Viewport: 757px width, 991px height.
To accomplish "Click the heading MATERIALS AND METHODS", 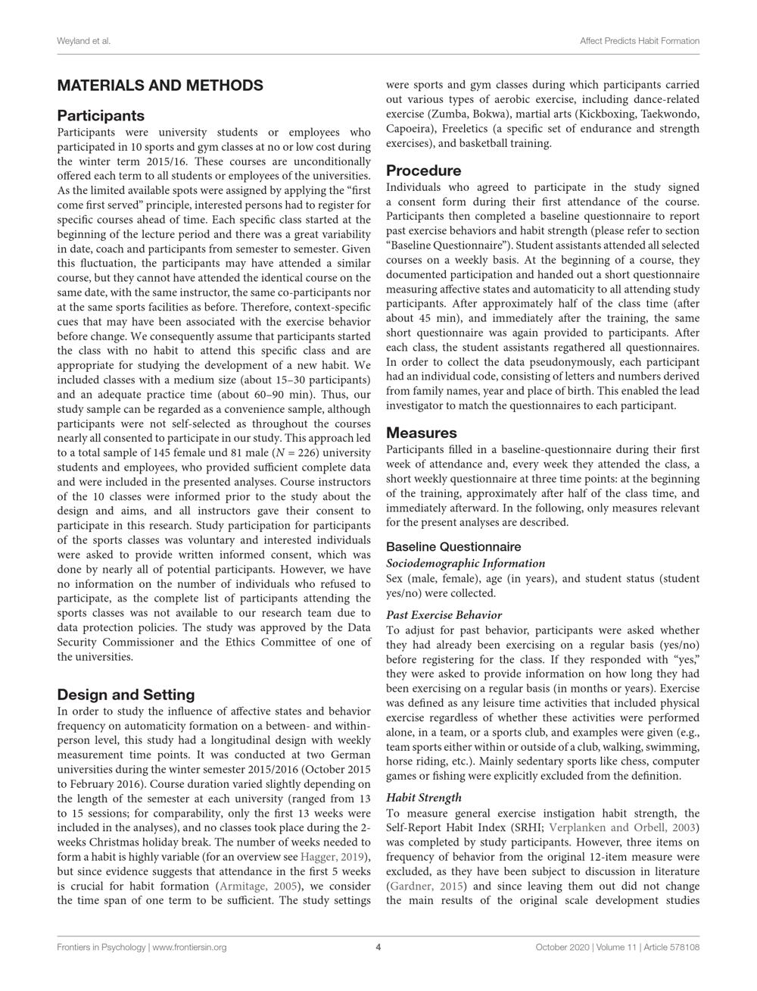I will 160,86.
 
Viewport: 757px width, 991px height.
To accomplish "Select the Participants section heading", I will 101,116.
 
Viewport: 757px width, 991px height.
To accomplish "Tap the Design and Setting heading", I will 126,695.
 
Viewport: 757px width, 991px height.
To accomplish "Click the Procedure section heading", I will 423,170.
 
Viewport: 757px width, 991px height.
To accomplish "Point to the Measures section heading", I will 422,433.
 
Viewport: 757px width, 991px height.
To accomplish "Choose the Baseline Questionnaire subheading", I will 453,546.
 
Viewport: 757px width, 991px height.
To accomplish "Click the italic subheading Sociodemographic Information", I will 465,563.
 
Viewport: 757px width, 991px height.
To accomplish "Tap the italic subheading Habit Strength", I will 423,797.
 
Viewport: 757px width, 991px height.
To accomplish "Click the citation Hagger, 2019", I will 333,857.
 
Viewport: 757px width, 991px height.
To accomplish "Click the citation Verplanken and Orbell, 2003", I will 622,827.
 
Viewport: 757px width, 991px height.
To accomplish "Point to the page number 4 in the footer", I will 378,947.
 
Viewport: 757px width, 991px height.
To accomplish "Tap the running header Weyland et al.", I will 83,40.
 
